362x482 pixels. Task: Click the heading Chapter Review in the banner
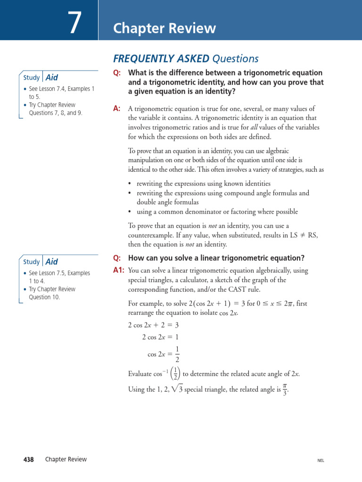pyautogui.click(x=165, y=29)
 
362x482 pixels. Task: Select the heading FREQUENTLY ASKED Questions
pyautogui.click(x=186, y=58)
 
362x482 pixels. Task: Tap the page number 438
pyautogui.click(x=28, y=459)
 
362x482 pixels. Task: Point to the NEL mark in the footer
pyautogui.click(x=321, y=461)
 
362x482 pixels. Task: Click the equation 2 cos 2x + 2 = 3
pyautogui.click(x=153, y=325)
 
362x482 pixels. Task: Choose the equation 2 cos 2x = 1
pyautogui.click(x=160, y=337)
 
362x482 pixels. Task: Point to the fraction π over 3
pyautogui.click(x=285, y=389)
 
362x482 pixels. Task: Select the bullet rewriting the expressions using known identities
pyautogui.click(x=203, y=184)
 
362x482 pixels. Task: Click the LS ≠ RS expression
pyautogui.click(x=302, y=235)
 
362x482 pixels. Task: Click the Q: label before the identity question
pyautogui.click(x=117, y=73)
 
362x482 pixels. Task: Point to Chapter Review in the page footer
pyautogui.click(x=66, y=459)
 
